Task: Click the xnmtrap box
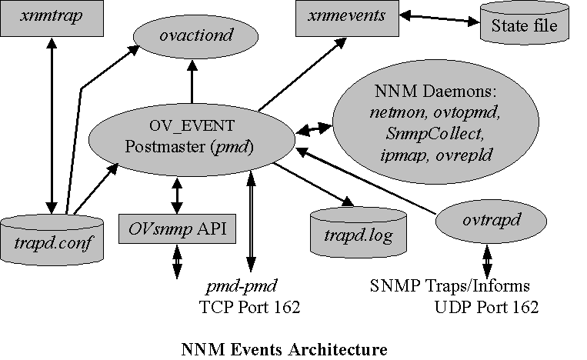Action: pos(52,18)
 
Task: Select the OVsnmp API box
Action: pos(176,228)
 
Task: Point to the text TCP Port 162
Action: pos(248,307)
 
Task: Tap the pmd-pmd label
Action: pos(236,287)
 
